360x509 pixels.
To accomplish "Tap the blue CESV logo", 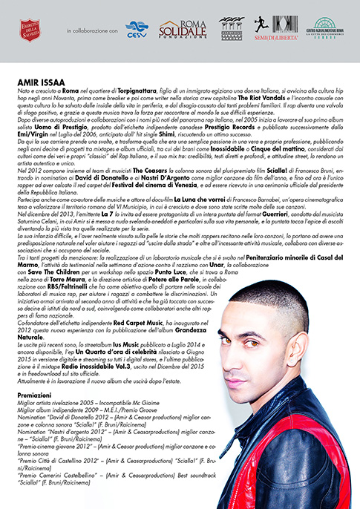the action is click(137, 29).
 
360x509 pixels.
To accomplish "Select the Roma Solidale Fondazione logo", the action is click(183, 29).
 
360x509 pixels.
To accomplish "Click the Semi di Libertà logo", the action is click(275, 29).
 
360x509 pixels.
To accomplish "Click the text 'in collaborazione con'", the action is click(92, 31).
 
